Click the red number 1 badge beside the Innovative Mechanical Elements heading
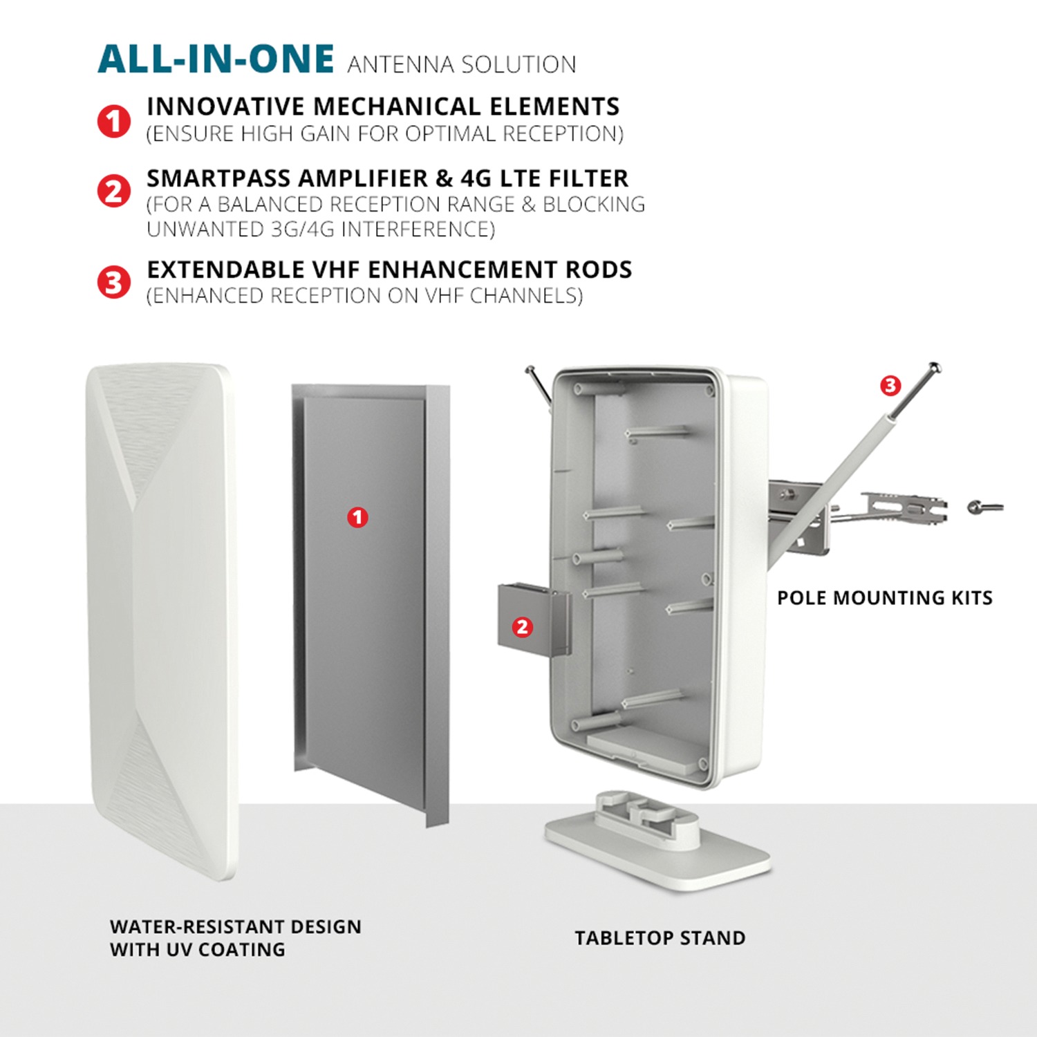(x=114, y=121)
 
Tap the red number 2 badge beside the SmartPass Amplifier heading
(x=114, y=191)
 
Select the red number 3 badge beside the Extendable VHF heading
(x=114, y=283)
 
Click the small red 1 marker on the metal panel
(x=357, y=517)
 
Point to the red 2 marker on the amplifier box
(x=522, y=627)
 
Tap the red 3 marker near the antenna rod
(x=890, y=385)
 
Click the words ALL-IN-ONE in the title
(x=216, y=59)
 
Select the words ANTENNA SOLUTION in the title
(x=462, y=64)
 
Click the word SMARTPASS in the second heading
(x=218, y=178)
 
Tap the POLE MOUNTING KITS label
(x=885, y=598)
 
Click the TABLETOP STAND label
(x=660, y=938)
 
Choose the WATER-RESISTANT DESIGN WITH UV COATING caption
(x=236, y=938)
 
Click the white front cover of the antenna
(x=163, y=622)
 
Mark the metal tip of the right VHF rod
(x=933, y=367)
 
